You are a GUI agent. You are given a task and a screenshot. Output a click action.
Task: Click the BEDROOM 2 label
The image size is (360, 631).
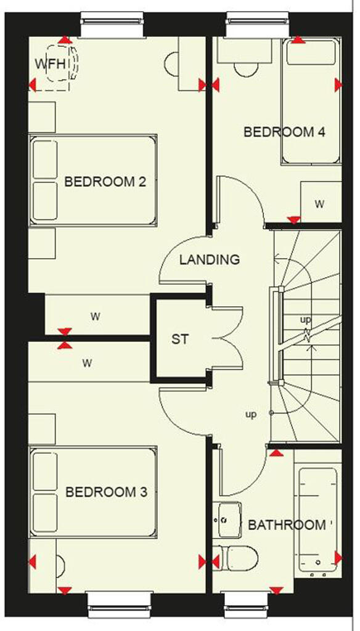tap(105, 182)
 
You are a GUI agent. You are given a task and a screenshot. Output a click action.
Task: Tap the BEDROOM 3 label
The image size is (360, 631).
tap(106, 492)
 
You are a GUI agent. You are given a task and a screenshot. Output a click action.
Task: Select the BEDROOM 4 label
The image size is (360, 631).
tap(284, 132)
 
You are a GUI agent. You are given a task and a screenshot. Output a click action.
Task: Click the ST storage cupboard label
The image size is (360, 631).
tap(179, 339)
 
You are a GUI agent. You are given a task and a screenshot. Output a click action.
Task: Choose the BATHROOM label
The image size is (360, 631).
tap(287, 525)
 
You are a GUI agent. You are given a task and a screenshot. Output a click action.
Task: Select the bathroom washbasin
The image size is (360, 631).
tap(229, 518)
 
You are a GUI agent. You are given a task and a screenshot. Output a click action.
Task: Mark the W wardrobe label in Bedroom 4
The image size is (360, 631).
tap(319, 204)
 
